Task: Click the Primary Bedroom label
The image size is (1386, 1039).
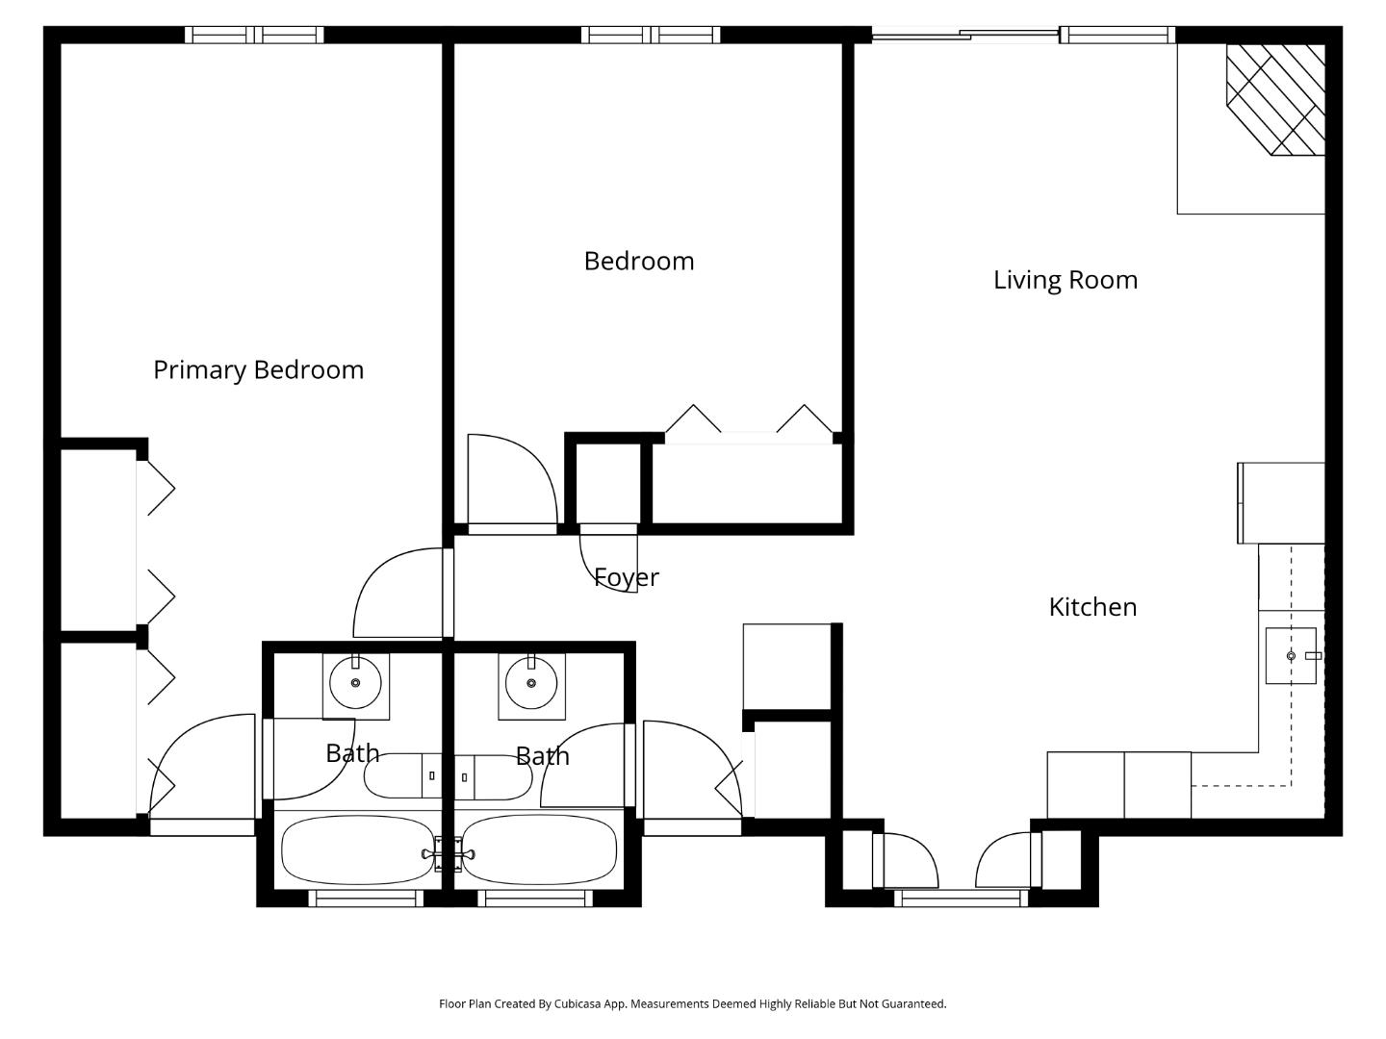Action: (258, 370)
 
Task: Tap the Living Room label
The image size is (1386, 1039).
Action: (1065, 280)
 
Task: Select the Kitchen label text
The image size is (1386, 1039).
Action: (1092, 607)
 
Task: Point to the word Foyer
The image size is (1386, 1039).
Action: (626, 577)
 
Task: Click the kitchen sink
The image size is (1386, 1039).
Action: (1291, 655)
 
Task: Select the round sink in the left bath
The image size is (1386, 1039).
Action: (355, 683)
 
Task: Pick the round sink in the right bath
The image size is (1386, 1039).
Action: (531, 683)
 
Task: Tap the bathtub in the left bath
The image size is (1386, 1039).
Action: (357, 849)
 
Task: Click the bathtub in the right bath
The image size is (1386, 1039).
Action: (540, 849)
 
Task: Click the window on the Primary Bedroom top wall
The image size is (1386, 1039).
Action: (254, 35)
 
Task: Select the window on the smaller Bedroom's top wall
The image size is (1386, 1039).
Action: (650, 35)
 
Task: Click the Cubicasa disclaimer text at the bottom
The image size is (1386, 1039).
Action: (692, 1003)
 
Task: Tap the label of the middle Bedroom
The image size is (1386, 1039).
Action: (638, 262)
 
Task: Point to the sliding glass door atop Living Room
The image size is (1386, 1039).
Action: (964, 36)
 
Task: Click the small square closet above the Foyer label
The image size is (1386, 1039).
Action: (608, 483)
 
